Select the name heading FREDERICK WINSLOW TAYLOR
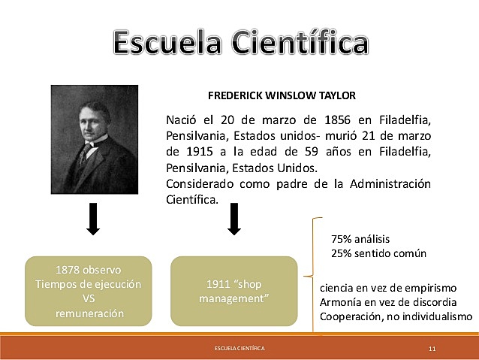coord(282,95)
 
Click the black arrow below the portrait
coord(94,219)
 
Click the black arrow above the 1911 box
coord(233,219)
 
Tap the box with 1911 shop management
coord(233,292)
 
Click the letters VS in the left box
coord(89,299)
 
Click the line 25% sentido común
coord(378,253)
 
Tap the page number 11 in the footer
coord(432,349)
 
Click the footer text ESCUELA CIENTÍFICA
coord(239,349)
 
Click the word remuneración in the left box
coord(89,313)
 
